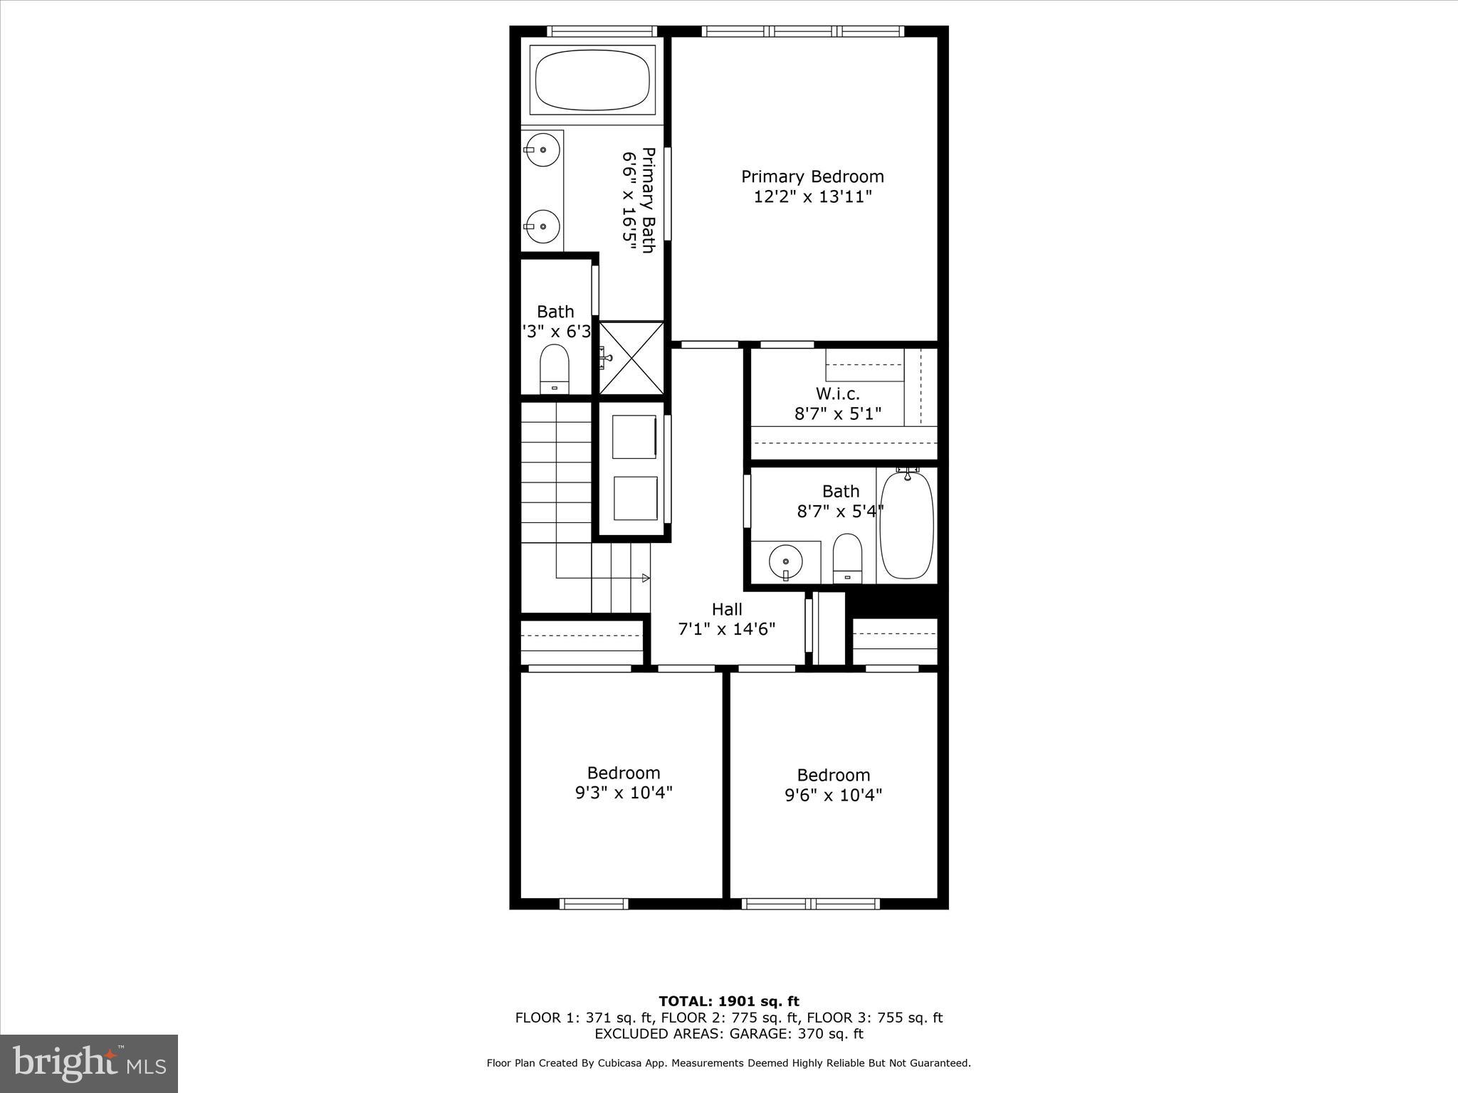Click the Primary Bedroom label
point(812,176)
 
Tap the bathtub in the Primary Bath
point(592,80)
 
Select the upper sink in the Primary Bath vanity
point(542,150)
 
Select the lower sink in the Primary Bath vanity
point(542,226)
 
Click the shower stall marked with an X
point(631,358)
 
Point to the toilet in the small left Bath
point(555,369)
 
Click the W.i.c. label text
point(837,394)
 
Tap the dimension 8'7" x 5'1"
point(837,413)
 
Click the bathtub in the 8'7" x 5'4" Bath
point(906,526)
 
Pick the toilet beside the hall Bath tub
point(847,558)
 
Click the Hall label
point(727,609)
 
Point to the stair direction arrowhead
point(646,578)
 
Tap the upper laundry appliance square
point(634,437)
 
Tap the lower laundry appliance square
point(634,499)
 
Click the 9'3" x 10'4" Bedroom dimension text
point(624,793)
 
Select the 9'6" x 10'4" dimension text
point(833,795)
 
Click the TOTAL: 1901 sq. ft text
point(728,1002)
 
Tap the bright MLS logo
point(89,1063)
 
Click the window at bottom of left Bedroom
point(594,904)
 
